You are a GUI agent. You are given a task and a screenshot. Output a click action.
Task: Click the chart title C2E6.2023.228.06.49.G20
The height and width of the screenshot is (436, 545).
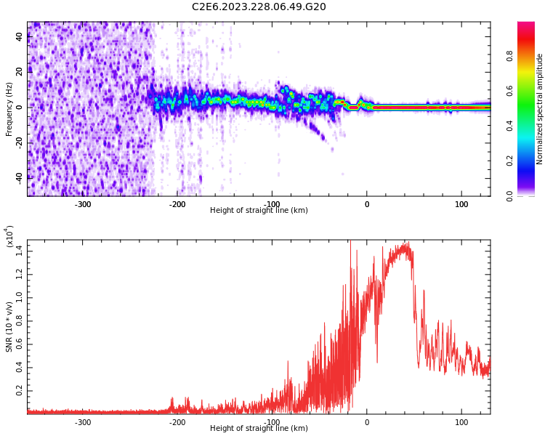(259, 7)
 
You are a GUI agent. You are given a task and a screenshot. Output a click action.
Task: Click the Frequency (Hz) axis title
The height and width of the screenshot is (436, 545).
(9, 108)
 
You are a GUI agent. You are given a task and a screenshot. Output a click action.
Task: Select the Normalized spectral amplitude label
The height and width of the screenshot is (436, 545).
(539, 108)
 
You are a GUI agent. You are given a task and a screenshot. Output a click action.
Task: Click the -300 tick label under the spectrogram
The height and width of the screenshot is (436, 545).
(83, 204)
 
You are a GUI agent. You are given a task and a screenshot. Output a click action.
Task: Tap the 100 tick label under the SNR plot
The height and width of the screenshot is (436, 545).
(461, 422)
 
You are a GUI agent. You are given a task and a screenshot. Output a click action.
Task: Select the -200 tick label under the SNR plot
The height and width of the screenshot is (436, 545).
(177, 422)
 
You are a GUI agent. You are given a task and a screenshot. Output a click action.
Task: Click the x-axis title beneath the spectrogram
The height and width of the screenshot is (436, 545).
(259, 211)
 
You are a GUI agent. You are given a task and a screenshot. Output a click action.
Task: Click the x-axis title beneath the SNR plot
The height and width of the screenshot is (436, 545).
(259, 429)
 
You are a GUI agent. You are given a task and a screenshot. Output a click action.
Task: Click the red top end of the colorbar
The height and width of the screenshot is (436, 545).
(526, 25)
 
